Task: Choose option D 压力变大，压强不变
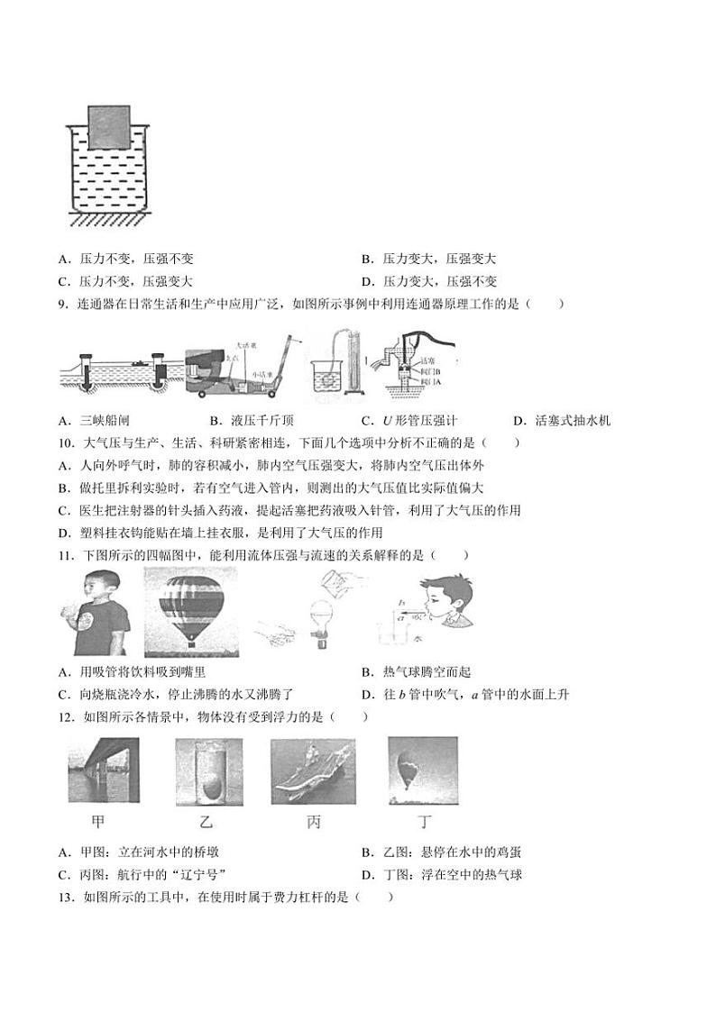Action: [x=428, y=281]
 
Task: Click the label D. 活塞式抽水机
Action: [x=562, y=420]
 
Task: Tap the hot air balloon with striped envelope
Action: [x=191, y=607]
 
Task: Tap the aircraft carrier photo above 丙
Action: [x=313, y=771]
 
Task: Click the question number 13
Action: [x=65, y=898]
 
